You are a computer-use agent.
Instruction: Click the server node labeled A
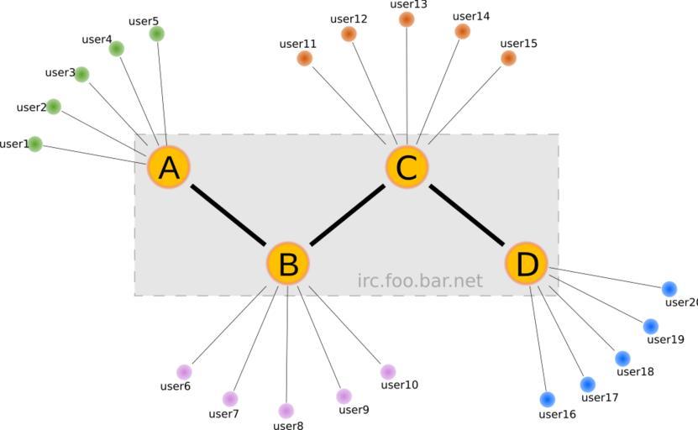(169, 168)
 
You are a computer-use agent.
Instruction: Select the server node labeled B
(288, 264)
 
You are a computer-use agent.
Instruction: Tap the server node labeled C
(407, 167)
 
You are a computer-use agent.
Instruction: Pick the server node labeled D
(527, 264)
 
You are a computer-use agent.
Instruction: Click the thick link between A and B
(228, 216)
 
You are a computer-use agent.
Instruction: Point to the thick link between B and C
(348, 216)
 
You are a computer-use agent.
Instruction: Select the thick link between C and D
(467, 216)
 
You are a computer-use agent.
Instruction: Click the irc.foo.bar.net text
(420, 281)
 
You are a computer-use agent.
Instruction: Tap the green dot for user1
(34, 144)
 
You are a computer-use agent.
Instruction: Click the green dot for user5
(156, 34)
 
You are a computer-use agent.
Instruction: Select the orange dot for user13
(407, 19)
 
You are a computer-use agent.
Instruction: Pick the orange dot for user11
(305, 58)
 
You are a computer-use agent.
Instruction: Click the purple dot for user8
(286, 411)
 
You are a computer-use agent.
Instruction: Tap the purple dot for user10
(387, 371)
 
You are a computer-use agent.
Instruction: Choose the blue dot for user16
(548, 399)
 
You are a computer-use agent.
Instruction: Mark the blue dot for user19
(650, 326)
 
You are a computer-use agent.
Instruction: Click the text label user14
(470, 16)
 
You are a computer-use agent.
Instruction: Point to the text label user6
(175, 386)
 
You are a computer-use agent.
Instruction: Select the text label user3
(59, 72)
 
